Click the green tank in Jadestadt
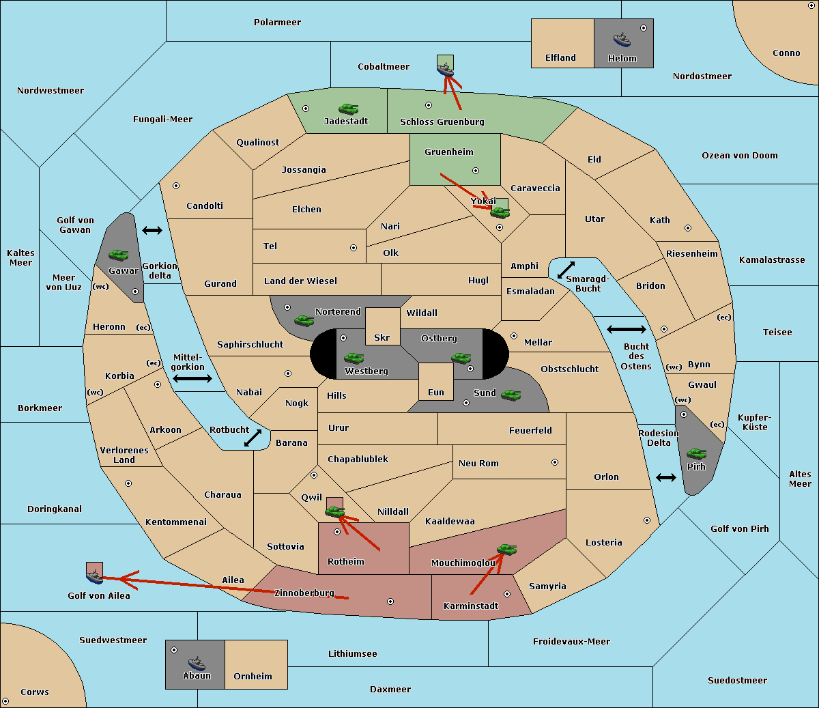[348, 109]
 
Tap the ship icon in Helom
[621, 40]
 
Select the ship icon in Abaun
[197, 663]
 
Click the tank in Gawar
[118, 255]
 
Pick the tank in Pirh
[696, 453]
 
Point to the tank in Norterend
[304, 320]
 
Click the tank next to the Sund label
[511, 394]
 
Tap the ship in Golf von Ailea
[95, 578]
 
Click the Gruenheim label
[448, 152]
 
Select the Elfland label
[560, 58]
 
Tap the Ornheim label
[253, 676]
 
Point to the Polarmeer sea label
[277, 23]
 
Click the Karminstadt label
[471, 606]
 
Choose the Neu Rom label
[478, 463]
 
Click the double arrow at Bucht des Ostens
[626, 330]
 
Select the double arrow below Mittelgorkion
[192, 378]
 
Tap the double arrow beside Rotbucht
[253, 438]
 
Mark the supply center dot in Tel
[354, 248]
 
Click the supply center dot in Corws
[6, 701]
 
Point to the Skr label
[382, 338]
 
